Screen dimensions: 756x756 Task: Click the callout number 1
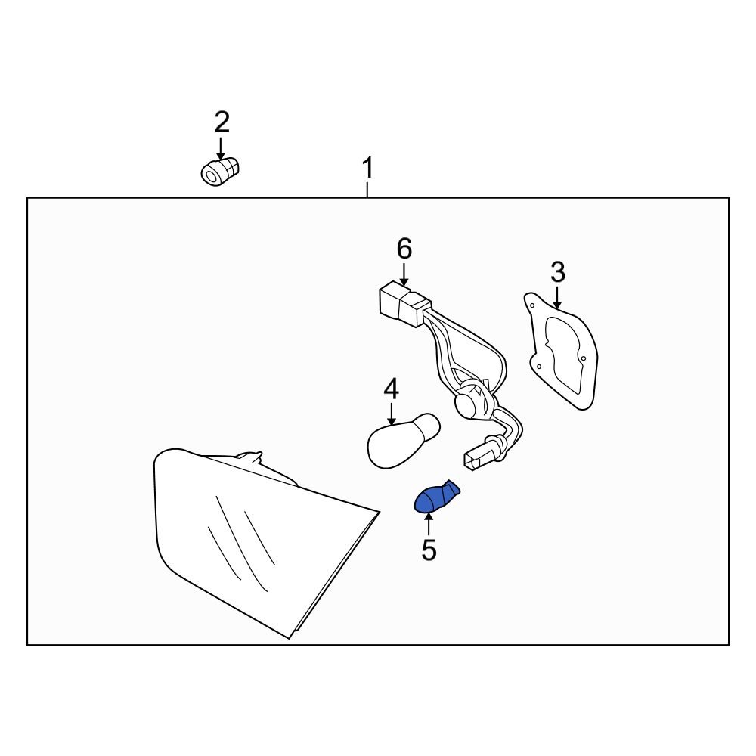367,168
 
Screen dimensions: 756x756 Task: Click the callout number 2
222,121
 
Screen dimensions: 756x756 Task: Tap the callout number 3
557,271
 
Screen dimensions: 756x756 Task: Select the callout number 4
391,389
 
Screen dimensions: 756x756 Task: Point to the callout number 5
429,550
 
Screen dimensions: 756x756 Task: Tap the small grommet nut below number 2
218,172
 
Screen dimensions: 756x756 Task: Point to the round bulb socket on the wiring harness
472,400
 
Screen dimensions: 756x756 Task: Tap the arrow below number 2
221,147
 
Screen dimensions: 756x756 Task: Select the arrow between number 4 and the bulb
392,413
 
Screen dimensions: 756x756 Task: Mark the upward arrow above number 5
429,525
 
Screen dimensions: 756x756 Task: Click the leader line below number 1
367,188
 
